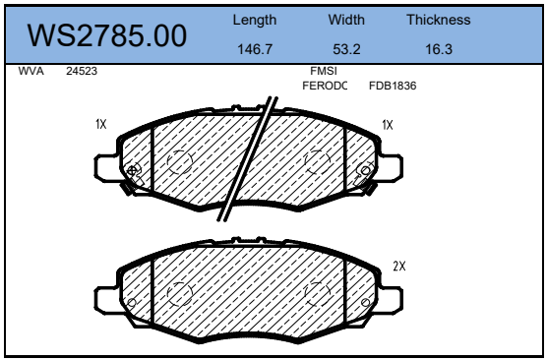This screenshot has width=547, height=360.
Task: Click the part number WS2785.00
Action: (107, 35)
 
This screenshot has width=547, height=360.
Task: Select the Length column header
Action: (255, 21)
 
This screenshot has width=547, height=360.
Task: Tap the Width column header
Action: (346, 20)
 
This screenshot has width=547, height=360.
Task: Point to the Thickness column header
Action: (439, 20)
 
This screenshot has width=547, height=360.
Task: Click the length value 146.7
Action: (255, 49)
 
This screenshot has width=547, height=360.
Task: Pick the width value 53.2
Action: (346, 49)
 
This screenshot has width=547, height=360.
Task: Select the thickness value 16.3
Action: (439, 49)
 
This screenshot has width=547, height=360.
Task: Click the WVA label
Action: (31, 71)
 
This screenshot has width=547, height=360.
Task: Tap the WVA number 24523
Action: (82, 71)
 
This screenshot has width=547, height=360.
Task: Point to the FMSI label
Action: (324, 71)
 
